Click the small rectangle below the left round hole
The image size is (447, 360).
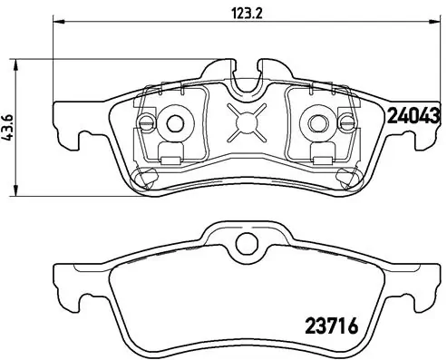169,154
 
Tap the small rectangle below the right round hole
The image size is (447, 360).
319,154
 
